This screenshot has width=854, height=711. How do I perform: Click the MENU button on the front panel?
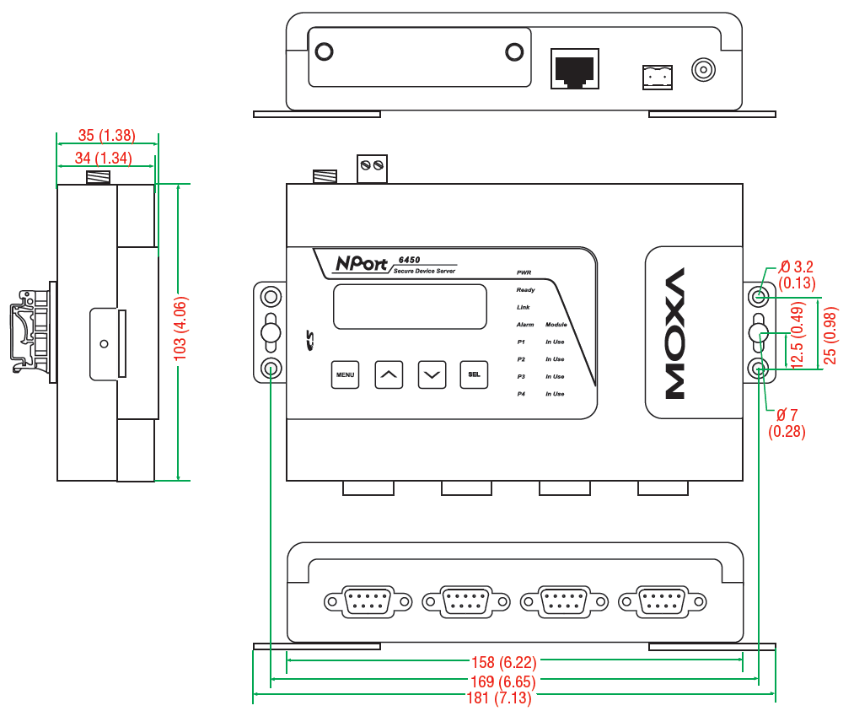(x=345, y=374)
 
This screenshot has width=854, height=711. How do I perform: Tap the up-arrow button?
(x=388, y=374)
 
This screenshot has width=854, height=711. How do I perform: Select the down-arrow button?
(x=432, y=374)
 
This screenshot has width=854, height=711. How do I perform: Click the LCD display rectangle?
(x=410, y=306)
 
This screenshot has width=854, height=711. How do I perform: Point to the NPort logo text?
(x=360, y=263)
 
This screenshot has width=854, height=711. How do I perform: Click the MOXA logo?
(x=675, y=333)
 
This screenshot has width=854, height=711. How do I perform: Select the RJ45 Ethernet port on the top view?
(x=574, y=68)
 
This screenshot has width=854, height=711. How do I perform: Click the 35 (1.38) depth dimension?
(x=106, y=135)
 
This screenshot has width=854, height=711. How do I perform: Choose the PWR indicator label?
(x=524, y=273)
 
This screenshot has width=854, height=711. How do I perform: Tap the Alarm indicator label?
(x=525, y=325)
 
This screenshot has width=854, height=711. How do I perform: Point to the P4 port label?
(x=521, y=394)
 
